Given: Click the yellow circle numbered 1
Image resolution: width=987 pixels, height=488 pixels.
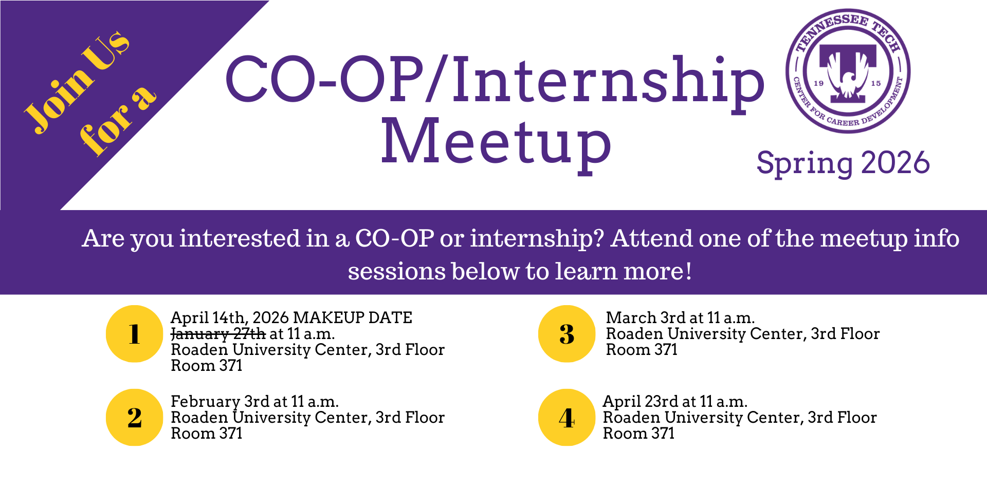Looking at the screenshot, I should click(x=134, y=334).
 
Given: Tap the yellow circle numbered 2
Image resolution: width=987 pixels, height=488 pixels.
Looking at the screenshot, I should click(x=134, y=417).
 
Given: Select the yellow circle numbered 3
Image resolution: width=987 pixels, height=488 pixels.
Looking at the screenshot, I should click(x=566, y=334).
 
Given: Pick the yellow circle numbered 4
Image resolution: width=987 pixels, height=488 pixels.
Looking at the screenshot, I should click(x=566, y=417).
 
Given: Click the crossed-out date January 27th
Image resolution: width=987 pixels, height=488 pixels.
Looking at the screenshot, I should click(x=218, y=334).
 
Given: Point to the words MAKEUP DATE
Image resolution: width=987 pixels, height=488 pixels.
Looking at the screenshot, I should click(x=353, y=317).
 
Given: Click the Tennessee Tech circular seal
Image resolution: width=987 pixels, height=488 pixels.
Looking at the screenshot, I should click(x=848, y=71).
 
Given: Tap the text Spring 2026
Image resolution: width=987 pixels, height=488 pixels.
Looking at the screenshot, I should click(x=843, y=163).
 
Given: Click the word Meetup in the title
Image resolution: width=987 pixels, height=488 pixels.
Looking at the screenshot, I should click(x=496, y=142).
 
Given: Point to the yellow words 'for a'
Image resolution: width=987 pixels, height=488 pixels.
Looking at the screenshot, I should click(x=118, y=121).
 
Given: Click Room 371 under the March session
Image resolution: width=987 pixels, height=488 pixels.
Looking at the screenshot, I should click(x=642, y=350).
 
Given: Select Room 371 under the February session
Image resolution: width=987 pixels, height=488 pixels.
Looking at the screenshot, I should click(x=206, y=434).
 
